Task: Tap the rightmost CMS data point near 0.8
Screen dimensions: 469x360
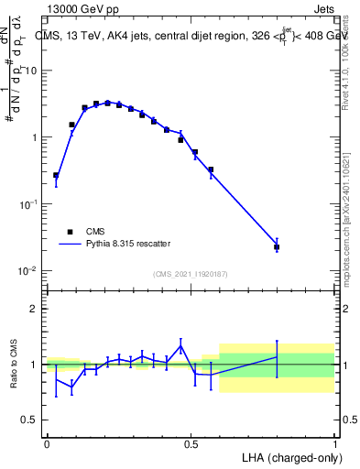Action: point(277,246)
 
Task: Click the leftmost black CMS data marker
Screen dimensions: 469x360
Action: point(56,175)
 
